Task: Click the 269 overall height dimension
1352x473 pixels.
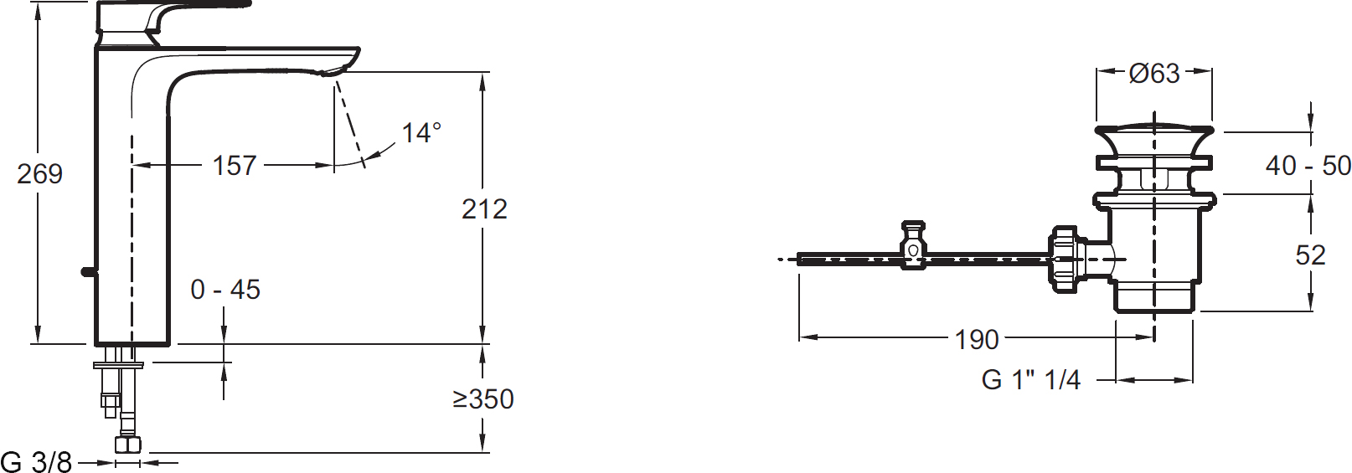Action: tap(40, 174)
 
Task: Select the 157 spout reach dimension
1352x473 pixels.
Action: tap(235, 166)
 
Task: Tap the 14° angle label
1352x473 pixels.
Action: tap(421, 133)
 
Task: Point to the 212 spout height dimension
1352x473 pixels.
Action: tap(484, 209)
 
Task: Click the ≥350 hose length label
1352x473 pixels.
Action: tap(482, 398)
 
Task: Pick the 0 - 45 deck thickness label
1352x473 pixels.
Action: tap(225, 290)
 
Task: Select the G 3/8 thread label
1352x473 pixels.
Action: tap(36, 463)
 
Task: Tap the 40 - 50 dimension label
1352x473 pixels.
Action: tap(1308, 165)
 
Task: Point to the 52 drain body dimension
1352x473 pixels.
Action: tap(1310, 255)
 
